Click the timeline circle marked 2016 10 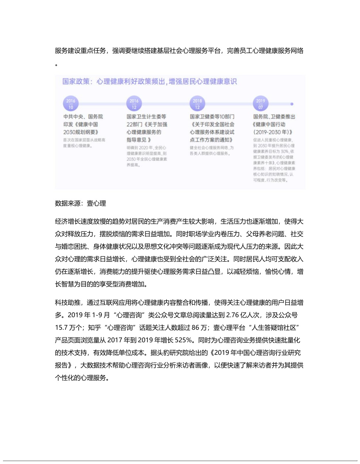pos(71,104)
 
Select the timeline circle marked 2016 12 pos(134,104)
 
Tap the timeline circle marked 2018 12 pos(197,104)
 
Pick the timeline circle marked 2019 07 pos(261,104)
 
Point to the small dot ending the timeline pos(292,104)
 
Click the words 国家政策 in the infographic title pos(76,82)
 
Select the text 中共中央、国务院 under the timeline pos(83,117)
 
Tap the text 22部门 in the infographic pos(134,124)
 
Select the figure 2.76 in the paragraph pos(233,315)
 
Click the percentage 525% pos(184,340)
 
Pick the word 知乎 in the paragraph pos(95,328)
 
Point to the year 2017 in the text pos(115,340)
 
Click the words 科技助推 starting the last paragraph pos(68,302)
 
